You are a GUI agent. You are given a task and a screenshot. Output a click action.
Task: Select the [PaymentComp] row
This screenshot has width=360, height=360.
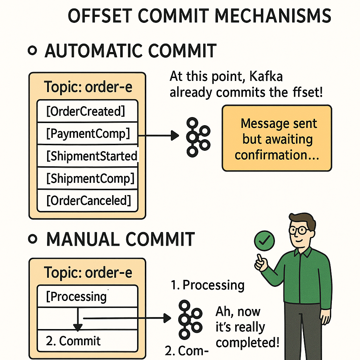(x=87, y=134)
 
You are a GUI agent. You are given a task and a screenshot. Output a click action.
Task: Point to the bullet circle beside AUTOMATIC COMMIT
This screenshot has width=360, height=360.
(x=32, y=51)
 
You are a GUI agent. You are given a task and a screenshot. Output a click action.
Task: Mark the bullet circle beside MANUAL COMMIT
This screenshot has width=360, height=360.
(x=32, y=239)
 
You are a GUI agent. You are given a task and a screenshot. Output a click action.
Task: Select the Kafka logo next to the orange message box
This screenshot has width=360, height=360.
(x=198, y=137)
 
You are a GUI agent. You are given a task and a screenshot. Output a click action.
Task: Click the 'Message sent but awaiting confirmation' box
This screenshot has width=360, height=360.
(x=277, y=138)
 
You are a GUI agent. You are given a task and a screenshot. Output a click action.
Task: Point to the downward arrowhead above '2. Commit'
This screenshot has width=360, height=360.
(x=78, y=327)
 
